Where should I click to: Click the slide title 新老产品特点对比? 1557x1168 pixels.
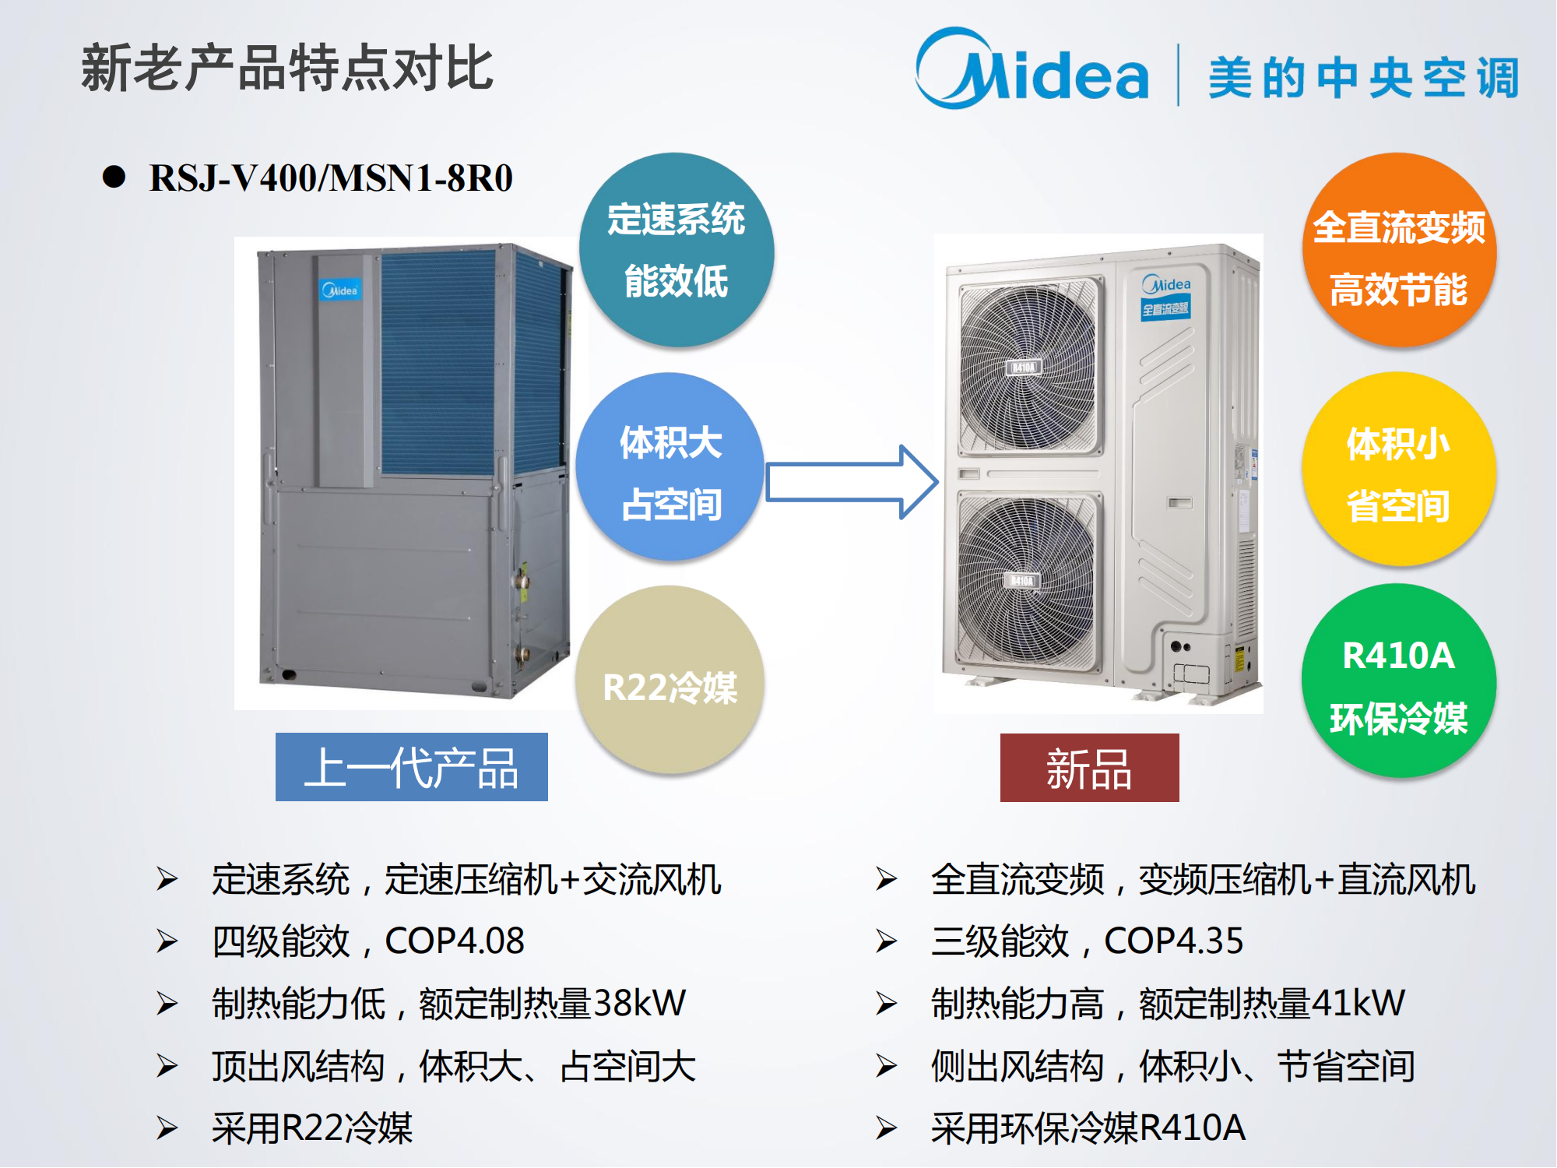click(x=286, y=69)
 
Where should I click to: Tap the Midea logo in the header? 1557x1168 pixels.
click(x=1032, y=70)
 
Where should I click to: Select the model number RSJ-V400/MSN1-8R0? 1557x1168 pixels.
click(x=331, y=178)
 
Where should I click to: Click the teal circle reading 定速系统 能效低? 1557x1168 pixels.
click(x=676, y=250)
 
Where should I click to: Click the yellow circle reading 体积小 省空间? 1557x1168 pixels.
click(x=1399, y=469)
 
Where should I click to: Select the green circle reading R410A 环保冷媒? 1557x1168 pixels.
click(x=1399, y=681)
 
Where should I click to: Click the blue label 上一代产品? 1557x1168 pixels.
click(x=411, y=768)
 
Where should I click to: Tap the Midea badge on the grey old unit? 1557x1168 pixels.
click(x=340, y=290)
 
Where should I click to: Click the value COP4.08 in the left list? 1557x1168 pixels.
click(x=455, y=941)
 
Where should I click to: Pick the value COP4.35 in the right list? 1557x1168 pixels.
click(x=1173, y=941)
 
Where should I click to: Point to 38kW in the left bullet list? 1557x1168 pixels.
click(x=639, y=1004)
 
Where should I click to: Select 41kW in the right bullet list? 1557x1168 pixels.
click(x=1358, y=1004)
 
